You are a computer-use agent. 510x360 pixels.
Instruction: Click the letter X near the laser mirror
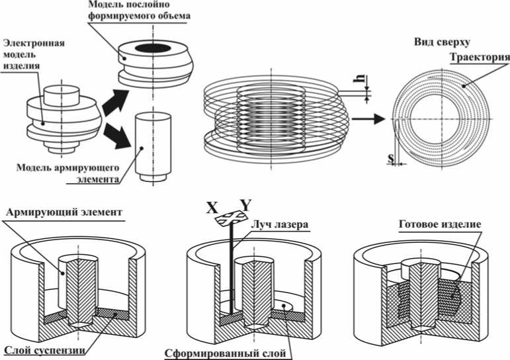tap(212, 206)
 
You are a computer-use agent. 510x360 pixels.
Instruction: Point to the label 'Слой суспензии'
tap(43, 349)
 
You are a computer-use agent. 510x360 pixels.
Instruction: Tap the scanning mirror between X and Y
tap(228, 216)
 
